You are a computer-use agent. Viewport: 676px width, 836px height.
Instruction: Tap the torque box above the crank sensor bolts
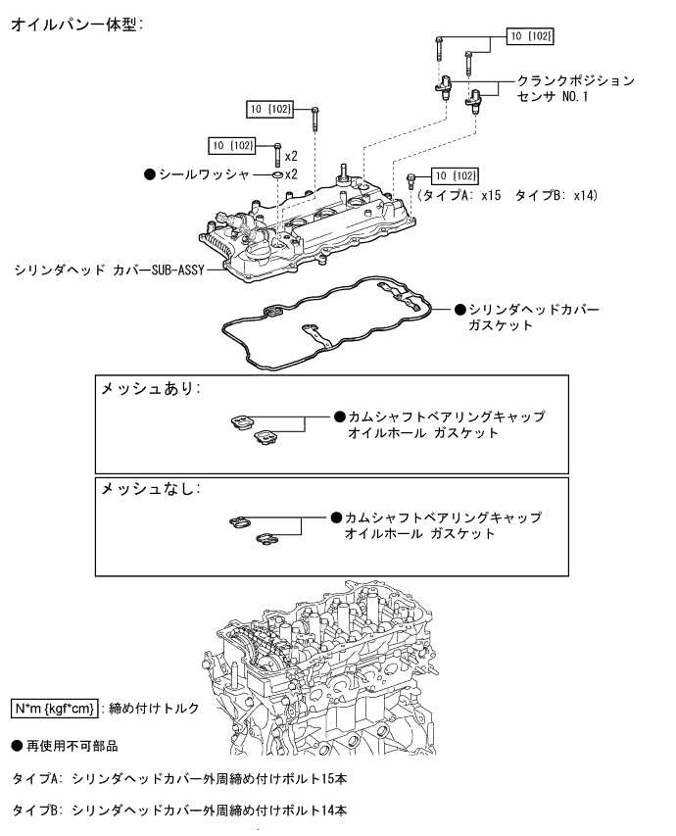(x=530, y=36)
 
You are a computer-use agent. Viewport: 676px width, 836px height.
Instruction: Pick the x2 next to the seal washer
(x=291, y=174)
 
